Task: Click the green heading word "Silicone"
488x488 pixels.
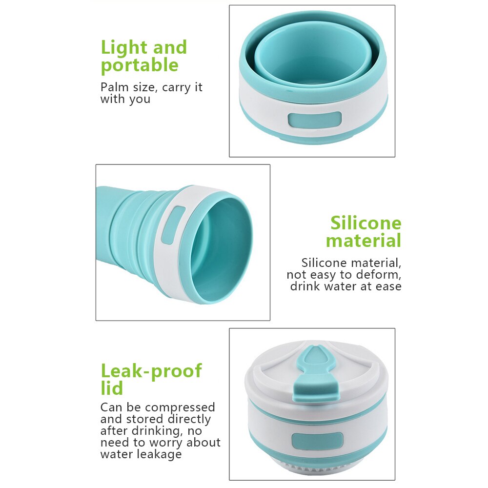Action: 366,223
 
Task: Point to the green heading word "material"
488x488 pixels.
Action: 364,241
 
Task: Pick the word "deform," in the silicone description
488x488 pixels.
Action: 379,274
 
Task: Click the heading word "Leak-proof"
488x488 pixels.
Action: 151,371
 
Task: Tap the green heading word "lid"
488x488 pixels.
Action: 112,388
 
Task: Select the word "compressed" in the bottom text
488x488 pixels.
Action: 180,407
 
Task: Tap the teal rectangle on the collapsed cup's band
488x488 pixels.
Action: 315,120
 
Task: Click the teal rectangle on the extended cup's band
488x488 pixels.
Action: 174,225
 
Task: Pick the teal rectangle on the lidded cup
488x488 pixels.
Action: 317,441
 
